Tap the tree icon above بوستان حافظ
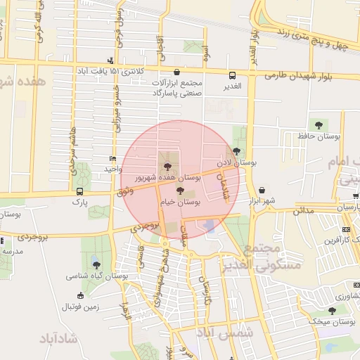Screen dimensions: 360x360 pos(319,125)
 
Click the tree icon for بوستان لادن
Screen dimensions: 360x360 pos(236,150)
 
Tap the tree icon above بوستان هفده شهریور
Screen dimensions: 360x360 pos(167,167)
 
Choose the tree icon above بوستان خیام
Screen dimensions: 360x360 pos(180,191)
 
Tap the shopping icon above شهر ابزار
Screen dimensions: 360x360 pos(262,190)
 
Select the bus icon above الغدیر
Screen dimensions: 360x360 pos(232,75)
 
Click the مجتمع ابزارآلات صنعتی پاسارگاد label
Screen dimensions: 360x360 pos(176,87)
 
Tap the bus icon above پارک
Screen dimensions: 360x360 pos(79,191)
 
